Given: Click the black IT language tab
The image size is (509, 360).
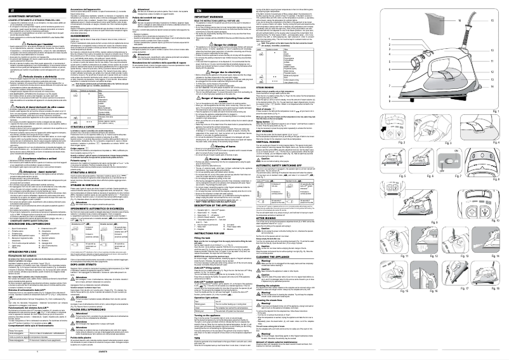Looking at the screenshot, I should pos(10,10).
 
